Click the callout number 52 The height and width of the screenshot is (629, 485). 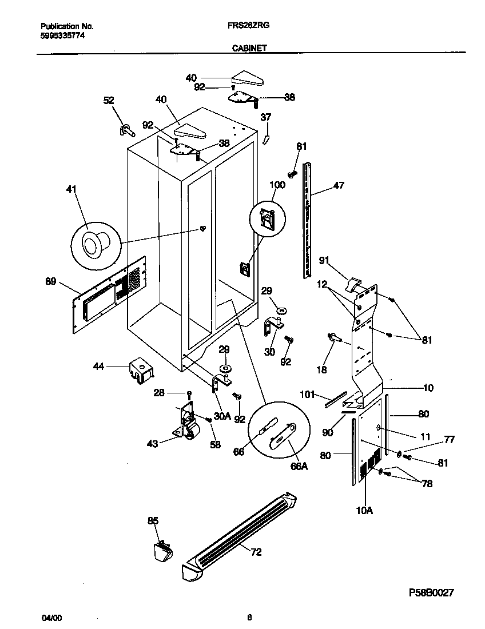pos(109,100)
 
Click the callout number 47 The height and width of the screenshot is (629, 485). pos(339,186)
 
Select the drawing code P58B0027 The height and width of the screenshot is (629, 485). pos(424,593)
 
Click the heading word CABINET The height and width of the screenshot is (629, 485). pos(249,49)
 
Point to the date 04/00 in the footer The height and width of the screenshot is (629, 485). pos(51,618)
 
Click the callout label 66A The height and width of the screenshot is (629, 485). pos(299,466)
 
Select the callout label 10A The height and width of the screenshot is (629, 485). pos(364,511)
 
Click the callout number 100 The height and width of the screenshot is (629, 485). pos(277,185)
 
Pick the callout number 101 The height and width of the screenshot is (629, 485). pos(308,393)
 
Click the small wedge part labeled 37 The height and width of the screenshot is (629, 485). pos(266,139)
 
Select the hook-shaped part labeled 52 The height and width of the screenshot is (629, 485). pos(125,132)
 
